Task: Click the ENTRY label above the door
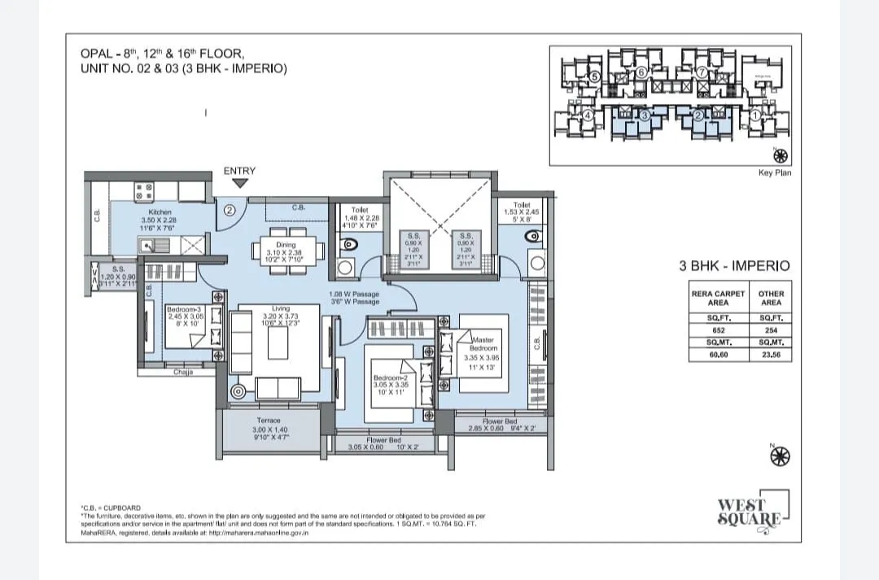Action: [239, 171]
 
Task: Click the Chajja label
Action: [183, 372]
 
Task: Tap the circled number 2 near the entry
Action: [230, 210]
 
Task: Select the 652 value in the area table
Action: [718, 330]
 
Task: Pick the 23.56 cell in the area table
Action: [770, 355]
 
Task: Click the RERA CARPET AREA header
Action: [718, 298]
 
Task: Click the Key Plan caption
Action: [774, 172]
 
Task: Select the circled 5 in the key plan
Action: [594, 76]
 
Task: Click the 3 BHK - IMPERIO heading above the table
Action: [734, 265]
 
